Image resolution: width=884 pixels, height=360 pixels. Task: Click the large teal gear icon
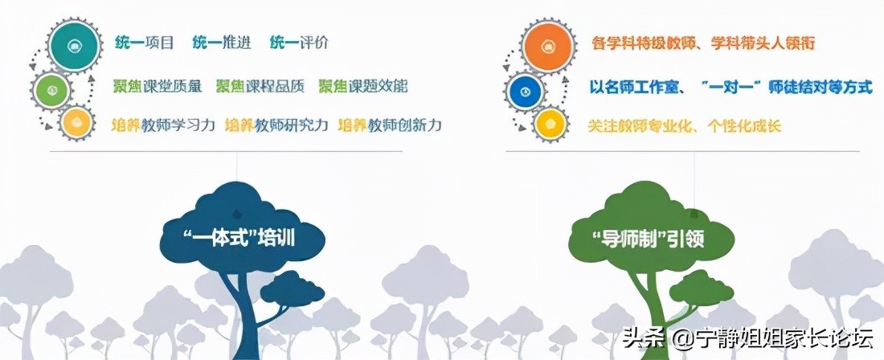[76, 43]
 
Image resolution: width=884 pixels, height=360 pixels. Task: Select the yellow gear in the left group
[76, 122]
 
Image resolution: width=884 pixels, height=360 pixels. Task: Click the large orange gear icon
[547, 44]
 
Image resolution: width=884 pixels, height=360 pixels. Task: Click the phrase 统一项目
[143, 43]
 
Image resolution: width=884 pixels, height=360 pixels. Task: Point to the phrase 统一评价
[299, 43]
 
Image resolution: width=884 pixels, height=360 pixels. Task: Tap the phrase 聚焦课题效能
[363, 85]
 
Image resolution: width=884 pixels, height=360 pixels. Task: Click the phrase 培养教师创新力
[390, 125]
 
